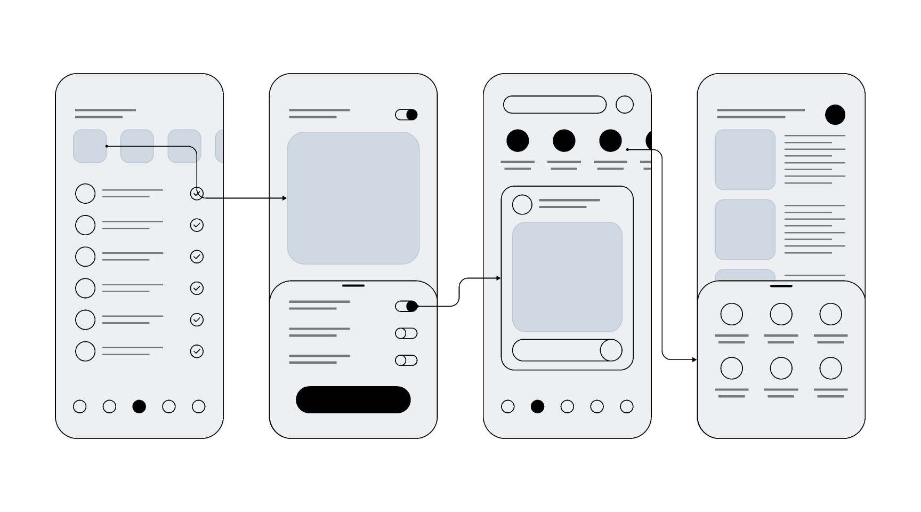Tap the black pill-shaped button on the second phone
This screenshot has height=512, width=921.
click(x=353, y=399)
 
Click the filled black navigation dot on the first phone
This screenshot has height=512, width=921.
click(x=139, y=406)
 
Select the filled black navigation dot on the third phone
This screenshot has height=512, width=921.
click(x=537, y=406)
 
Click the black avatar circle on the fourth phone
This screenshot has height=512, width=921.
click(x=835, y=115)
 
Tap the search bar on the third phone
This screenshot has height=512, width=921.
click(x=554, y=105)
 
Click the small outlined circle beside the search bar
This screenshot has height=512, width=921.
click(x=625, y=105)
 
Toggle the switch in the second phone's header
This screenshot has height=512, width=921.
click(x=406, y=115)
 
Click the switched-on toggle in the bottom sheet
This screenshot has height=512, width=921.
click(x=406, y=306)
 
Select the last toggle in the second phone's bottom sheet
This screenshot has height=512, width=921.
click(x=406, y=361)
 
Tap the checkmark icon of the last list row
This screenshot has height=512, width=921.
click(x=197, y=351)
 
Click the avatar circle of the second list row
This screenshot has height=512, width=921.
click(x=85, y=225)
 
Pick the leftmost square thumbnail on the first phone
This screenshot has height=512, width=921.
click(x=90, y=146)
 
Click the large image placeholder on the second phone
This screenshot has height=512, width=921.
click(x=353, y=198)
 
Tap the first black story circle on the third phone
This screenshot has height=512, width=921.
click(x=518, y=141)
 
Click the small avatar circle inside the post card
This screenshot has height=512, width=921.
click(x=522, y=204)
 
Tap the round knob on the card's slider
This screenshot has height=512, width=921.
click(x=611, y=350)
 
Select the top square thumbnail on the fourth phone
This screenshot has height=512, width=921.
click(x=745, y=159)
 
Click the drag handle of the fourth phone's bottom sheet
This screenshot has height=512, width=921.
click(x=781, y=286)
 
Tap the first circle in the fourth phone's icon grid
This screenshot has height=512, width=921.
click(x=731, y=314)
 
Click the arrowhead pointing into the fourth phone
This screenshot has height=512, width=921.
click(x=694, y=359)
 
